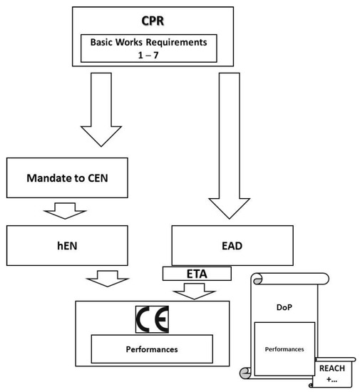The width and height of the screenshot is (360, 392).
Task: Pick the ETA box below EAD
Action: tap(197, 273)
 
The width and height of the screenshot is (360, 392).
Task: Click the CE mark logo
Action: tap(153, 320)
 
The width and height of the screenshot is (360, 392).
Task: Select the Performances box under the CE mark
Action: tap(152, 351)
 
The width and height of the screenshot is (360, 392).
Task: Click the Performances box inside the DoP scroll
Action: tap(284, 350)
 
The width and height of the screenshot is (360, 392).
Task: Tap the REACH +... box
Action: tap(331, 372)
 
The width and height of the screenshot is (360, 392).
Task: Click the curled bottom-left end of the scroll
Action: tap(247, 370)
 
